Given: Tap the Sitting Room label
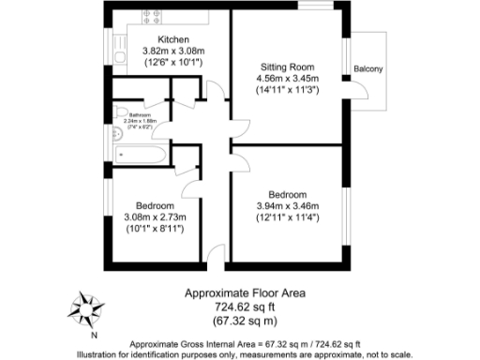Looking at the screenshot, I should [x=287, y=67].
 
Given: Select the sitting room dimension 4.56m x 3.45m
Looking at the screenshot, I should [x=287, y=79].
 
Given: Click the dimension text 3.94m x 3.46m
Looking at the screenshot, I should [x=288, y=206].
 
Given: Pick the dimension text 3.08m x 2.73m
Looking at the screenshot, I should [x=156, y=217].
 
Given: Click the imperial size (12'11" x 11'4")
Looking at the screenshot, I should [x=288, y=217].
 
